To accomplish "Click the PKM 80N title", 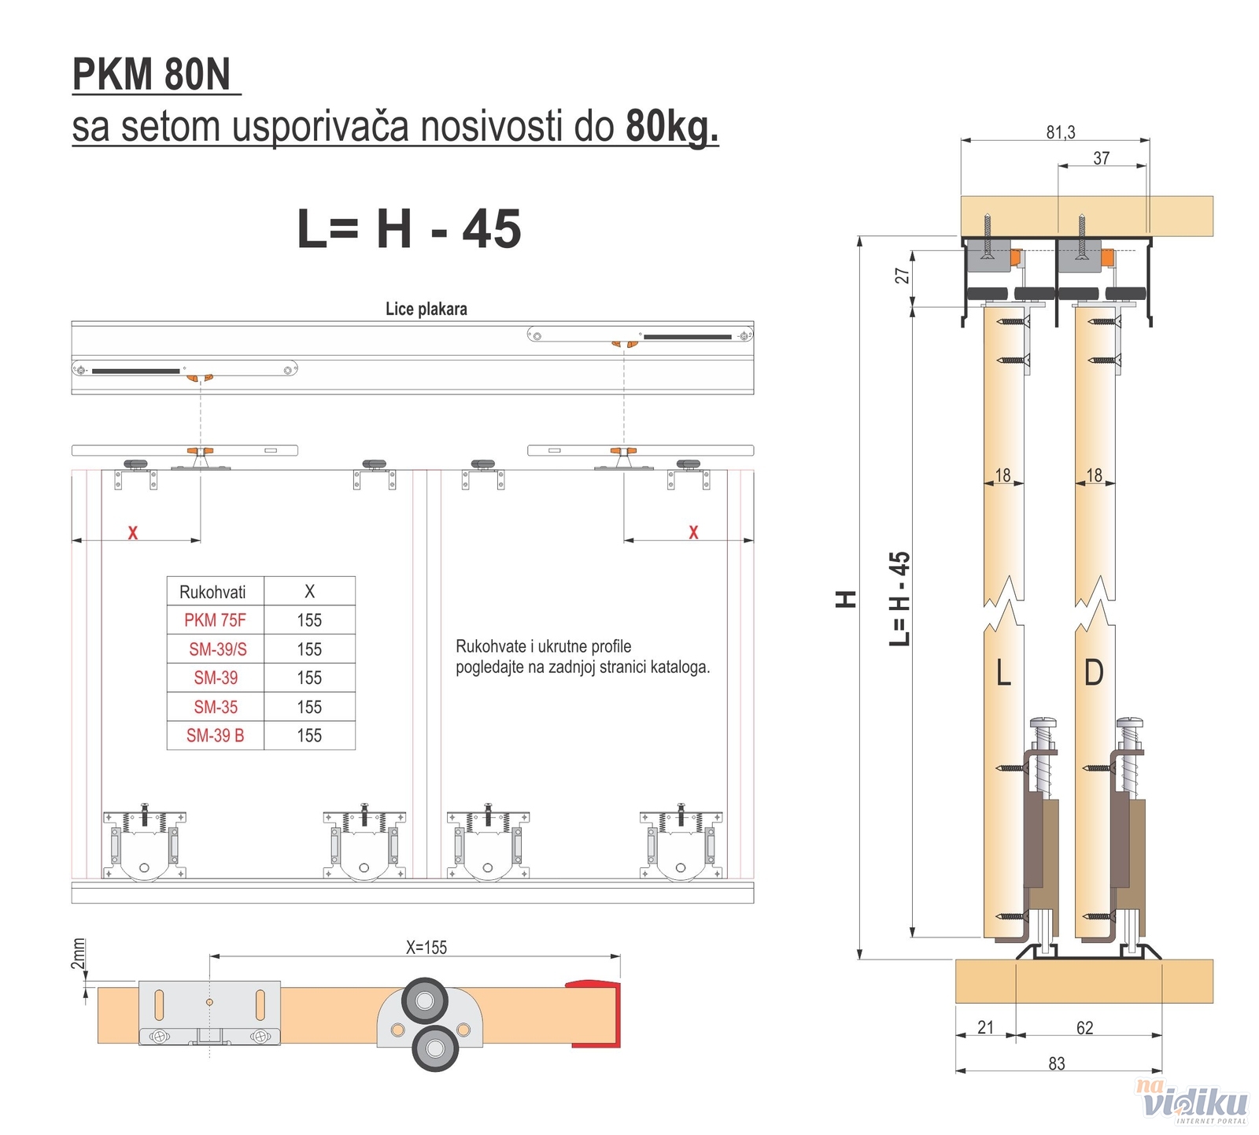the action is [x=152, y=75].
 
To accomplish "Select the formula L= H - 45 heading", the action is [x=409, y=229].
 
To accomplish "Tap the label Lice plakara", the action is [x=426, y=309].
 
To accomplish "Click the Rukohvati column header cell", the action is [x=212, y=592].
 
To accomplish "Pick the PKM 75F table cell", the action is [x=215, y=620].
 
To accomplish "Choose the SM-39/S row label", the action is [x=218, y=649].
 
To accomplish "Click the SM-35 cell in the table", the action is [x=216, y=707].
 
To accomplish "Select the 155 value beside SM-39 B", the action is [x=309, y=735].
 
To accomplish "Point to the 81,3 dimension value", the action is [x=1060, y=132].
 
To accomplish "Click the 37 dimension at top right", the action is [x=1102, y=158].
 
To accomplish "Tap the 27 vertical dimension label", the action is [x=902, y=275].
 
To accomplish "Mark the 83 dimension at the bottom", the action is [x=1057, y=1063].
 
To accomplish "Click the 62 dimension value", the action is [x=1084, y=1027].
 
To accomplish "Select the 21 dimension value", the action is [x=986, y=1027].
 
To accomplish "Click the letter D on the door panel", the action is [x=1094, y=673].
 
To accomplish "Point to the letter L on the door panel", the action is [x=1003, y=673].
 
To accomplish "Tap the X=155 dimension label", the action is [x=426, y=947].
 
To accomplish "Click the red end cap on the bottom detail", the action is [x=596, y=1014].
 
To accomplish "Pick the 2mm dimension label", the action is [x=77, y=953].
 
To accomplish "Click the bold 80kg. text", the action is [x=672, y=126].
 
